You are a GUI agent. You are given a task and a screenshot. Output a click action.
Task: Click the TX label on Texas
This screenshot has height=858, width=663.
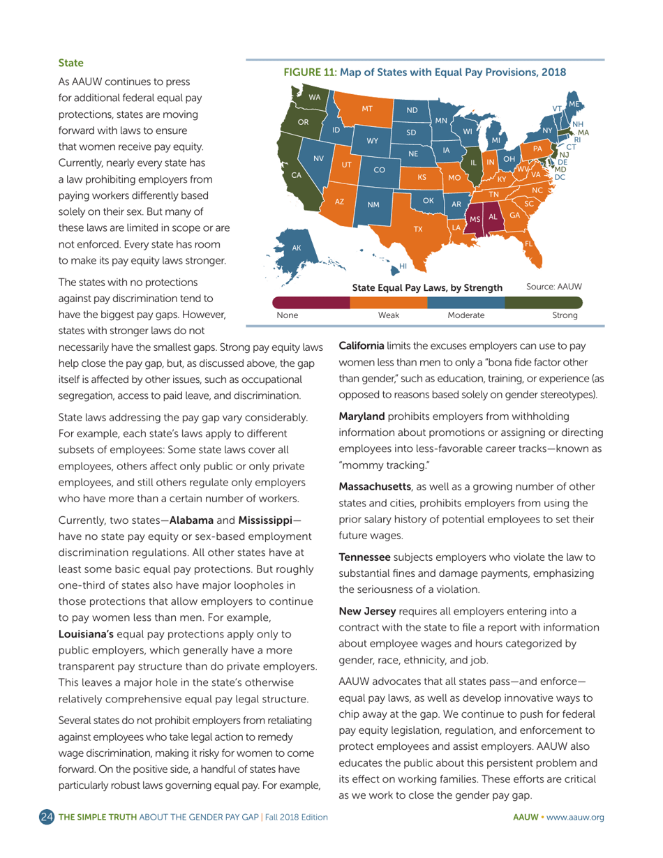pyautogui.click(x=418, y=229)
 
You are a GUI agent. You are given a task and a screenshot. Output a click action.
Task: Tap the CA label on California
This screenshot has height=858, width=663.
pyautogui.click(x=297, y=175)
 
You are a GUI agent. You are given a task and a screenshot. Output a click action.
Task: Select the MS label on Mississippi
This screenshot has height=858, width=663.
pyautogui.click(x=475, y=220)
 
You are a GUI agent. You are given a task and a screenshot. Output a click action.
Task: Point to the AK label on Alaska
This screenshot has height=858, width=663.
pyautogui.click(x=296, y=248)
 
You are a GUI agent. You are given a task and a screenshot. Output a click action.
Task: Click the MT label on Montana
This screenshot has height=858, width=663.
pyautogui.click(x=368, y=109)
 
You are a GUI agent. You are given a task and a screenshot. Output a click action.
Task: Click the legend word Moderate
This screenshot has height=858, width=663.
pyautogui.click(x=465, y=315)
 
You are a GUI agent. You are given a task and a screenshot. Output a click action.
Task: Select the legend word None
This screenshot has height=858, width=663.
pyautogui.click(x=287, y=315)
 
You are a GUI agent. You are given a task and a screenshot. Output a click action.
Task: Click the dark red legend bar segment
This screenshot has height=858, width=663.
pyautogui.click(x=310, y=302)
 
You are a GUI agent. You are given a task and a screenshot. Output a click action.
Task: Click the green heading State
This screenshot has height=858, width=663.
pyautogui.click(x=70, y=63)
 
